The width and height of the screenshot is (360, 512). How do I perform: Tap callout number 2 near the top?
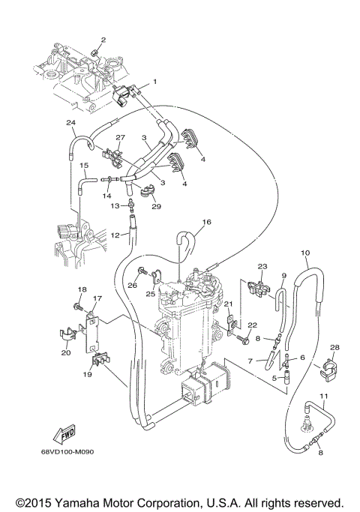103,40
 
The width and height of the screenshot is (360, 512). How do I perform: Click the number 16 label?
207,222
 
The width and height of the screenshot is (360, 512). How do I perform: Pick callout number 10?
305,253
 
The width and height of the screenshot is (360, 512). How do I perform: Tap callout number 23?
262,267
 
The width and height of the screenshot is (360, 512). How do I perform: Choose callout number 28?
334,347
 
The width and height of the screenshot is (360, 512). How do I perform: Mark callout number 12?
115,235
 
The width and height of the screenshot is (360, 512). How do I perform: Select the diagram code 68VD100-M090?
72,452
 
